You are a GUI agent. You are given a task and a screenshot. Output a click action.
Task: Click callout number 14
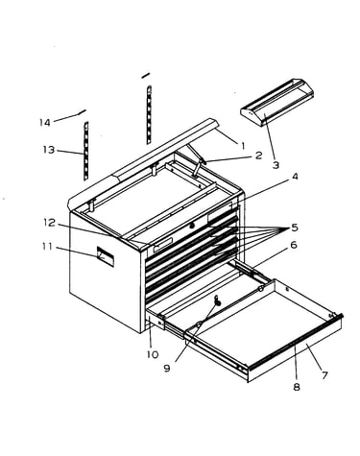coord(45,122)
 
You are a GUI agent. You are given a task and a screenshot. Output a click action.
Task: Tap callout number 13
coord(49,150)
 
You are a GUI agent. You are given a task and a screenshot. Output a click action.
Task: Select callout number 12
coord(50,223)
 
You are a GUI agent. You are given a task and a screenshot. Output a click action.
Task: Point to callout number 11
coord(47,247)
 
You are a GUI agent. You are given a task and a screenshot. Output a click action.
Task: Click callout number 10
coord(153,354)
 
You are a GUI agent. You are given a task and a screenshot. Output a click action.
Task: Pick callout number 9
coord(167,369)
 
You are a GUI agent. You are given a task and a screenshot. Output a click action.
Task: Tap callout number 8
coord(297,387)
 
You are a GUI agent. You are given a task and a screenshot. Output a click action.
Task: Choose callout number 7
coord(324,374)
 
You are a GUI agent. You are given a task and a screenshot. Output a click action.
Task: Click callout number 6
coord(294,245)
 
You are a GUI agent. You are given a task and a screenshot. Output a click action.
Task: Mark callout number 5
coord(295,228)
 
